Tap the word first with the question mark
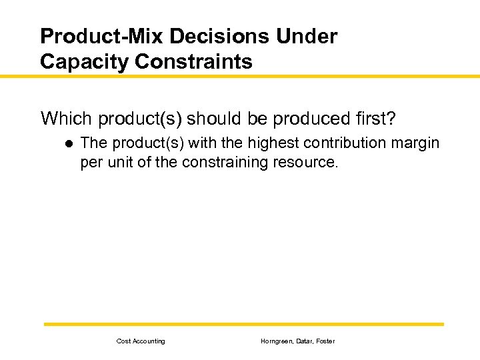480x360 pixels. (377, 119)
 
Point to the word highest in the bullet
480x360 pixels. (273, 143)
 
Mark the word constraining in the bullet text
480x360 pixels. (223, 162)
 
